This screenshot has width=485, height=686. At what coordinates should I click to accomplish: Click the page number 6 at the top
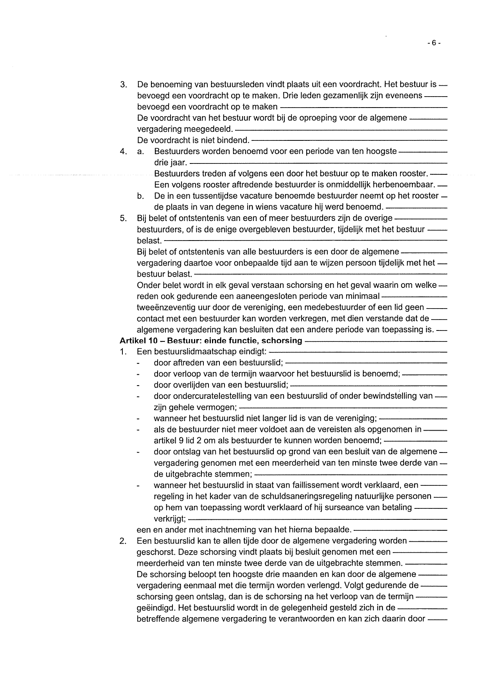(434, 43)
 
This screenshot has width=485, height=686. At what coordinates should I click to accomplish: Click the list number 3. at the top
(124, 84)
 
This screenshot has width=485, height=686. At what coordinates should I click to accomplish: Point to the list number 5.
(124, 218)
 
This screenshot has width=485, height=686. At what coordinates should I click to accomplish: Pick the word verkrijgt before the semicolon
(169, 519)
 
